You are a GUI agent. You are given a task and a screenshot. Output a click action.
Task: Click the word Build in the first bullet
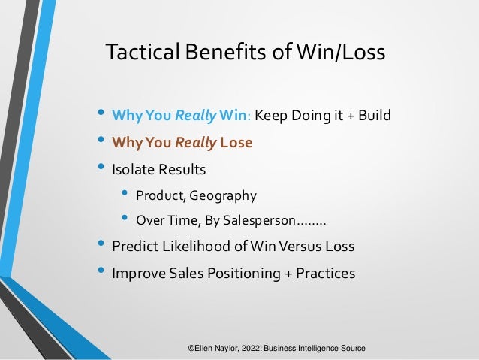[x=374, y=116]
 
